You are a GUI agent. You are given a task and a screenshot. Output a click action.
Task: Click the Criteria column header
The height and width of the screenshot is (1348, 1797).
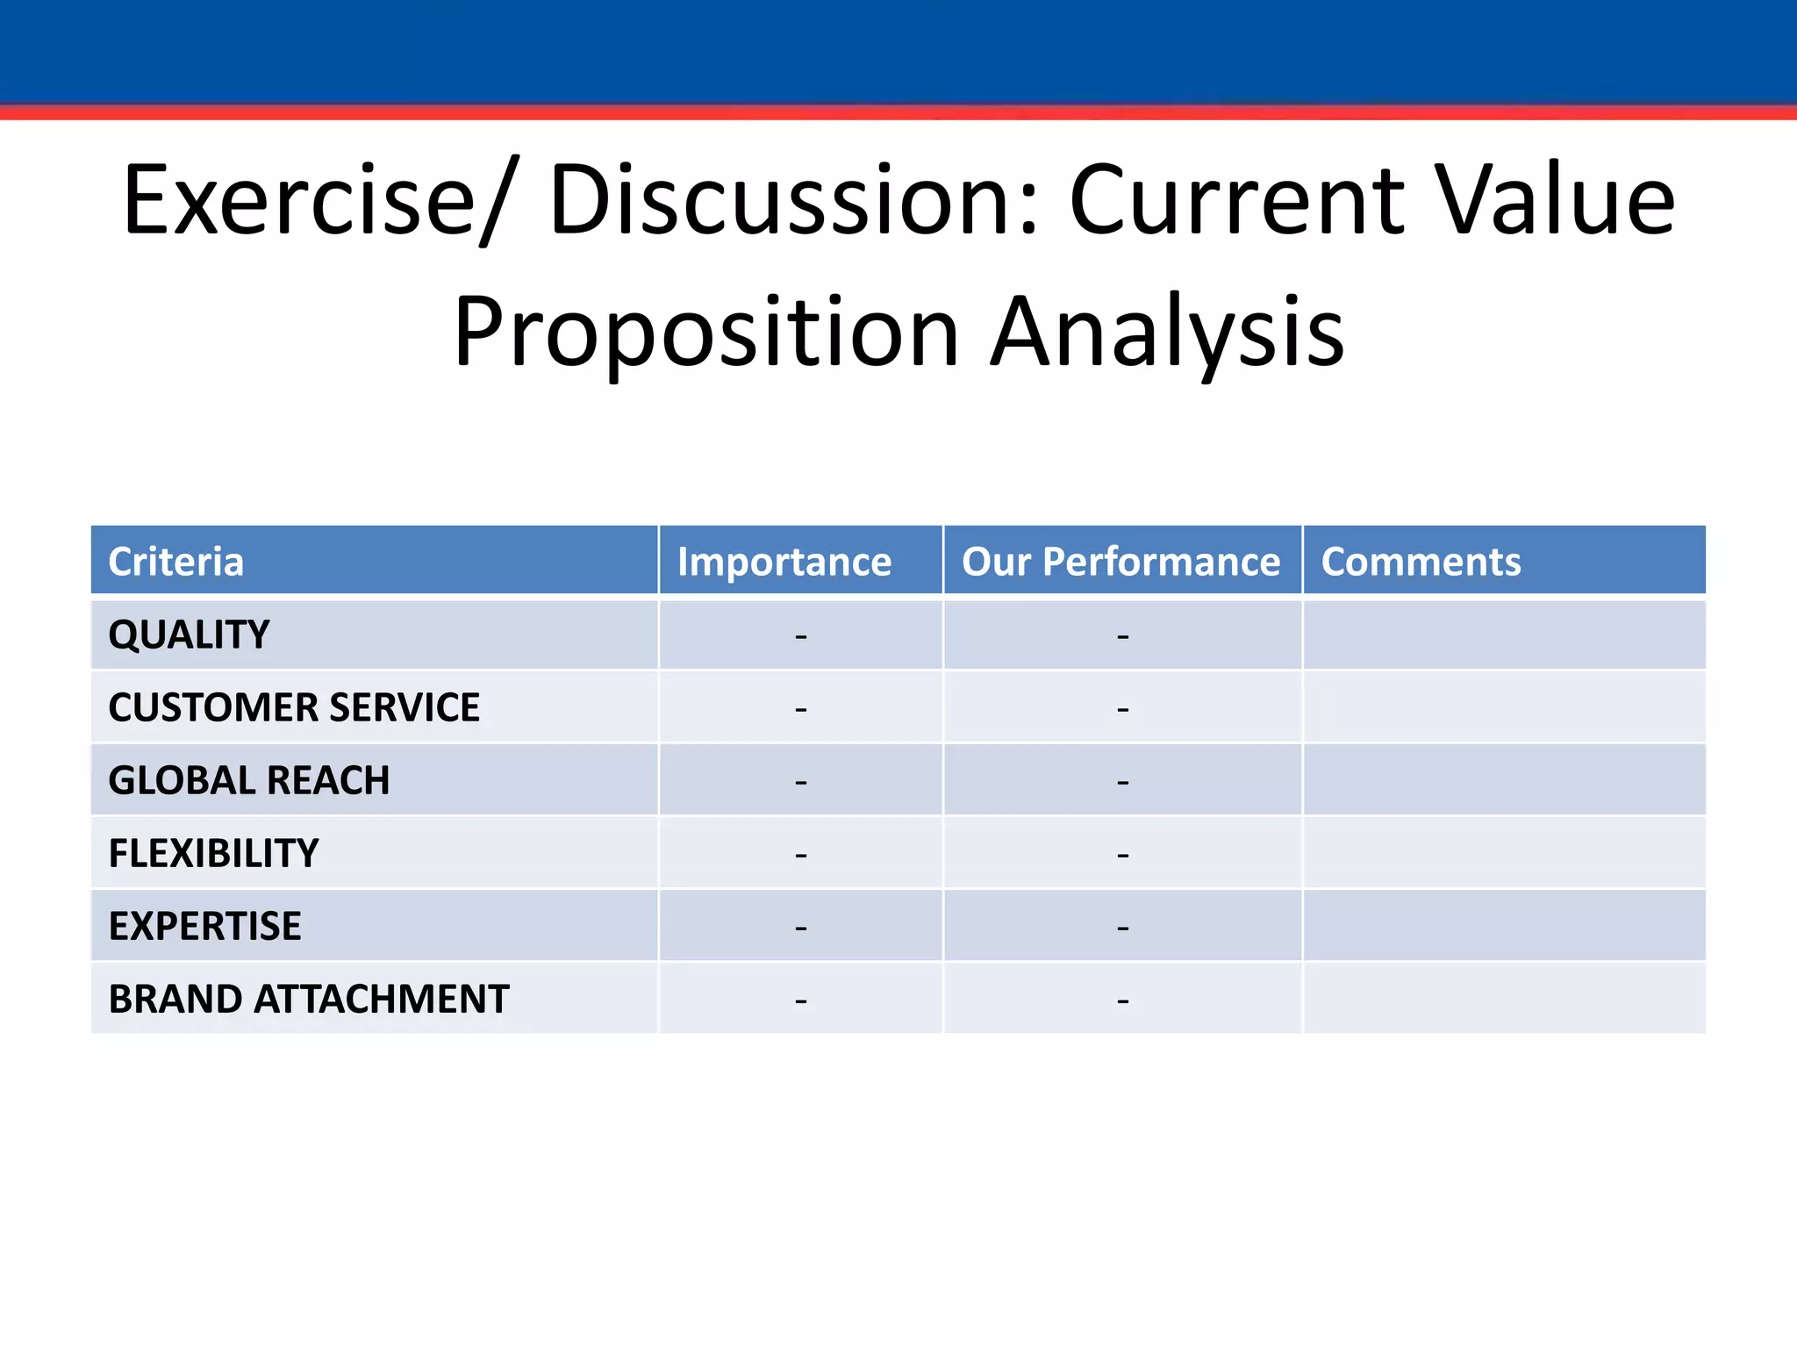click(x=175, y=562)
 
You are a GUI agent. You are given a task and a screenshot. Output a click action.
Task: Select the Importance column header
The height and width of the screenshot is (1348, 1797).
click(x=784, y=562)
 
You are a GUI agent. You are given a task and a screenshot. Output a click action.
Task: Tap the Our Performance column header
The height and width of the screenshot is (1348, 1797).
click(x=1120, y=562)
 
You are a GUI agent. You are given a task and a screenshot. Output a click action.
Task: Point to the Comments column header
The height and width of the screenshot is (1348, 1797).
click(x=1421, y=562)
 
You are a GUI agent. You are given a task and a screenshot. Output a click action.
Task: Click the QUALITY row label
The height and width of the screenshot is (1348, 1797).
click(x=189, y=635)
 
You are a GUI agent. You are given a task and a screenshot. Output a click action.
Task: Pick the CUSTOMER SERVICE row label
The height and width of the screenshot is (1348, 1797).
click(x=294, y=707)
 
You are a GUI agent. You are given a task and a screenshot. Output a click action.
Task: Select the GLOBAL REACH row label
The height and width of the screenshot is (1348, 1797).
click(x=248, y=780)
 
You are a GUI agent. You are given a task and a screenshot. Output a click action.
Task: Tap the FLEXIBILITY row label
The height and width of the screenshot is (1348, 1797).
click(x=213, y=853)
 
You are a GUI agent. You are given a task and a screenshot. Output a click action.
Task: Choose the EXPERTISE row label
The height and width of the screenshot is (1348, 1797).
click(x=204, y=926)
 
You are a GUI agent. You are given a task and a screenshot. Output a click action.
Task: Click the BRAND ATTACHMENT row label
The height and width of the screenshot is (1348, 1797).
click(x=308, y=999)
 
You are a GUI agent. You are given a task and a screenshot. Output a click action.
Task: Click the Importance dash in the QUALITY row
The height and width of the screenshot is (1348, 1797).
click(x=800, y=635)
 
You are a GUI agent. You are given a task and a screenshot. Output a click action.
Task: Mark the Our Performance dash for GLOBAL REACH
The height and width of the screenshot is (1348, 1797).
click(x=1122, y=781)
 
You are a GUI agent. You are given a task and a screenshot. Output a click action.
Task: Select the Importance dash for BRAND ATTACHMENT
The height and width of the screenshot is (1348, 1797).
click(x=800, y=1000)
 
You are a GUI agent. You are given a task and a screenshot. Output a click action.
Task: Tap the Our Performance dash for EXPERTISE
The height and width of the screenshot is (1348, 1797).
click(x=1122, y=927)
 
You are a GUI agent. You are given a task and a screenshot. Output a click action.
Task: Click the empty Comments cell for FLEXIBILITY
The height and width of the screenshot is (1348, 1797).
click(x=1504, y=853)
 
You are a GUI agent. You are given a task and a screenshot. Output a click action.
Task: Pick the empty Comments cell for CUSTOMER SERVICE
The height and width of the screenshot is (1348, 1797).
click(x=1504, y=707)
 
